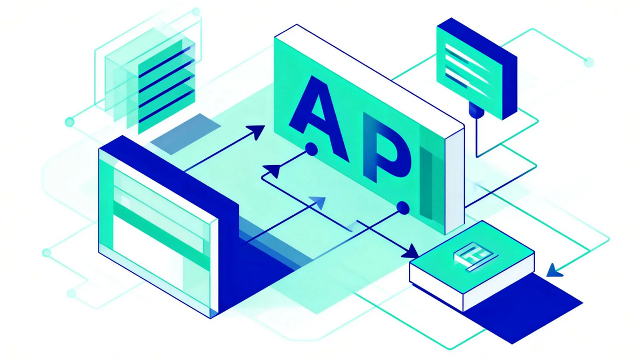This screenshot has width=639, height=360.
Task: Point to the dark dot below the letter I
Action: pyautogui.click(x=402, y=207)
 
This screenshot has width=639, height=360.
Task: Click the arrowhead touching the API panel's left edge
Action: pyautogui.click(x=257, y=131)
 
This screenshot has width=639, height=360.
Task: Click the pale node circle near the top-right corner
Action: pyautogui.click(x=588, y=62)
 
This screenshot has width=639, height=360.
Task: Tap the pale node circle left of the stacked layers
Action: pyautogui.click(x=69, y=122)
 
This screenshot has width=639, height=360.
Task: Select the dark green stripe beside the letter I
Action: pyautogui.click(x=428, y=183)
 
